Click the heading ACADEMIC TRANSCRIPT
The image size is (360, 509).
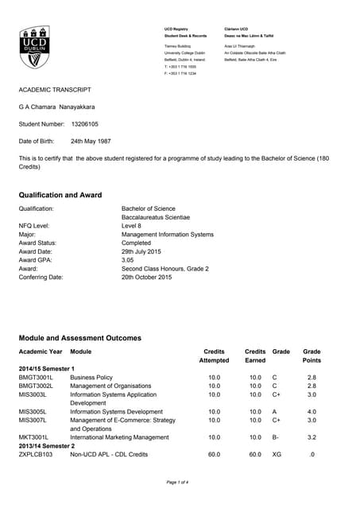pyautogui.click(x=55, y=90)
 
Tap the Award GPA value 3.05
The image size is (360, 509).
pyautogui.click(x=128, y=260)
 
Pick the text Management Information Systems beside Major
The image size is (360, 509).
pyautogui.click(x=167, y=235)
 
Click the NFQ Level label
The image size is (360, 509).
pyautogui.click(x=34, y=226)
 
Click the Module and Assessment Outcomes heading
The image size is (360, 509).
pyautogui.click(x=79, y=338)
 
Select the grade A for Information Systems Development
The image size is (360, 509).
pyautogui.click(x=274, y=412)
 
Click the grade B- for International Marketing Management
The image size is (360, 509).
pyautogui.click(x=276, y=437)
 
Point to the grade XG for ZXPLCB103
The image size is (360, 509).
pyautogui.click(x=277, y=454)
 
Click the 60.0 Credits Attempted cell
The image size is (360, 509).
pyautogui.click(x=214, y=454)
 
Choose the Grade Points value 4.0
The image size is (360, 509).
pyautogui.click(x=312, y=412)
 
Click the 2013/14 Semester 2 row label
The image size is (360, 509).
pyautogui.click(x=46, y=445)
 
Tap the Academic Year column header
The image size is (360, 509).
pyautogui.click(x=40, y=351)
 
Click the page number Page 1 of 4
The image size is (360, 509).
pyautogui.click(x=180, y=483)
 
